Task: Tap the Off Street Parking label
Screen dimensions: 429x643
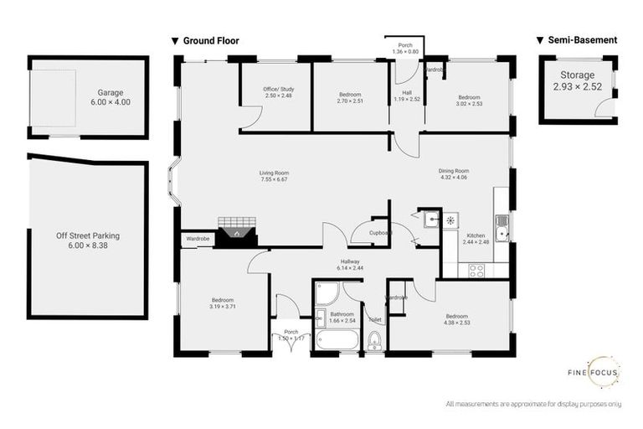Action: click(88, 235)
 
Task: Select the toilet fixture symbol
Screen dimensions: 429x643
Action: click(374, 339)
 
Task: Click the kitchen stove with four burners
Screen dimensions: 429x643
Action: click(477, 270)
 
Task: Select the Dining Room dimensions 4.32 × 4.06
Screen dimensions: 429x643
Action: click(454, 177)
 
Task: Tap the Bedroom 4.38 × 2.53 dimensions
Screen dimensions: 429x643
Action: click(456, 322)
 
